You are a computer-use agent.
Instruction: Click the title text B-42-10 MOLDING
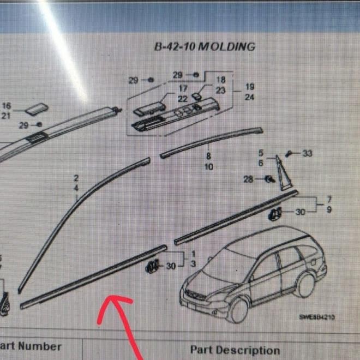tap(205, 47)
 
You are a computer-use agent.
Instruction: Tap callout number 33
tap(307, 154)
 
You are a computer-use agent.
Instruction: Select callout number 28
tap(248, 179)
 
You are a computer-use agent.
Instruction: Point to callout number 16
tap(7, 106)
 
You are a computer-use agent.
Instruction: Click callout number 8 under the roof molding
tap(208, 157)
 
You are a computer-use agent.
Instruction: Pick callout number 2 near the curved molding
tap(76, 178)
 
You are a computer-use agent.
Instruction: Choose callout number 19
tap(250, 87)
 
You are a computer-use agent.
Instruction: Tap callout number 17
tap(183, 88)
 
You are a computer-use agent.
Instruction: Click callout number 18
tap(220, 80)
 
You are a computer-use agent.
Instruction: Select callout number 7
tap(329, 200)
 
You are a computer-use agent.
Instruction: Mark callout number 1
tap(193, 255)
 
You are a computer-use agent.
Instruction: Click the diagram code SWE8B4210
tap(316, 317)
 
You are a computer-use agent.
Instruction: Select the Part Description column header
tap(235, 350)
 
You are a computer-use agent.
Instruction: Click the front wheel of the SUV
tap(238, 310)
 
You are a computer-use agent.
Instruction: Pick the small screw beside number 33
tap(291, 154)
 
